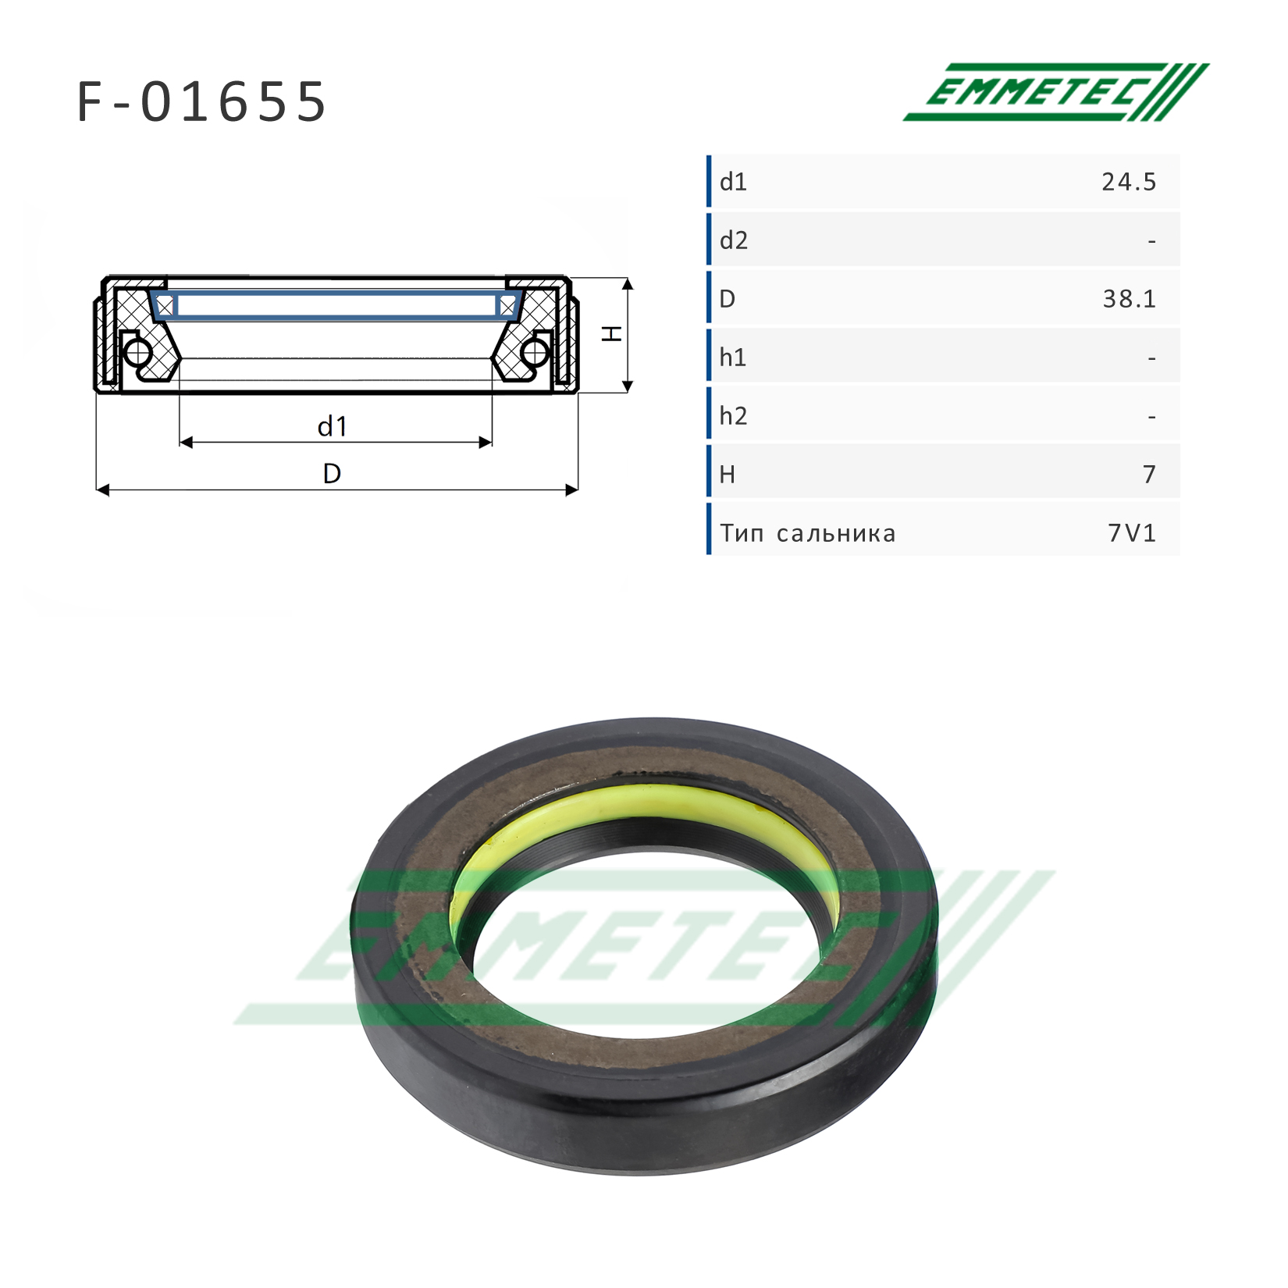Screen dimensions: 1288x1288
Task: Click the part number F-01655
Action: [201, 102]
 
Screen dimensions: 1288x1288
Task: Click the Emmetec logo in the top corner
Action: [1056, 92]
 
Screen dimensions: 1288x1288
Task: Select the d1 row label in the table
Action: [733, 182]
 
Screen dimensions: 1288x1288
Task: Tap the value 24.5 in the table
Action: [1129, 182]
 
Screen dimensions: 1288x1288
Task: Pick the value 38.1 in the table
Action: [1129, 299]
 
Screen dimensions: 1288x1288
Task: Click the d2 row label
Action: [734, 240]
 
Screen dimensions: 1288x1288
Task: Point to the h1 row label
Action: [733, 358]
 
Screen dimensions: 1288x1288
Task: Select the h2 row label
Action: [734, 416]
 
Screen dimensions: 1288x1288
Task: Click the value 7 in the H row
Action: [1149, 475]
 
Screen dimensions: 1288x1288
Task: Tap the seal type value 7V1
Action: [1132, 533]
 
